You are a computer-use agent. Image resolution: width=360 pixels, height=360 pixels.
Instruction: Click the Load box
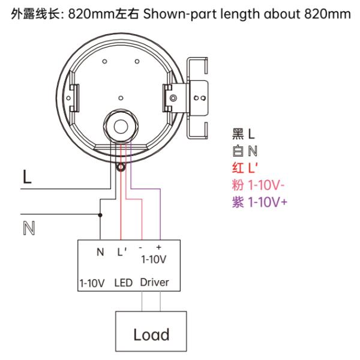tap(151, 333)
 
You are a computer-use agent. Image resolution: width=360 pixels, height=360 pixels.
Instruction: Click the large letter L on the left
tap(27, 177)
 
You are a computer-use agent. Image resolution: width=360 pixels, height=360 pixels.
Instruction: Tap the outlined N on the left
tap(27, 227)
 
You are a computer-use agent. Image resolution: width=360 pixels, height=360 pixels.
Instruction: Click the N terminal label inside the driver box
tap(100, 251)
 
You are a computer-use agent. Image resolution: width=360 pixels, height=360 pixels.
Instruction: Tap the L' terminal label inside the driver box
tap(122, 251)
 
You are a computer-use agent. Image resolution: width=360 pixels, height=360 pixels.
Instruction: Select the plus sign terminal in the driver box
tap(160, 247)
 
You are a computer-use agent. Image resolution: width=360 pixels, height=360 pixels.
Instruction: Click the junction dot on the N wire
tap(100, 214)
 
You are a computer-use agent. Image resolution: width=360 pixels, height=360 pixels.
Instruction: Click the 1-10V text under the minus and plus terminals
tap(152, 260)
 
